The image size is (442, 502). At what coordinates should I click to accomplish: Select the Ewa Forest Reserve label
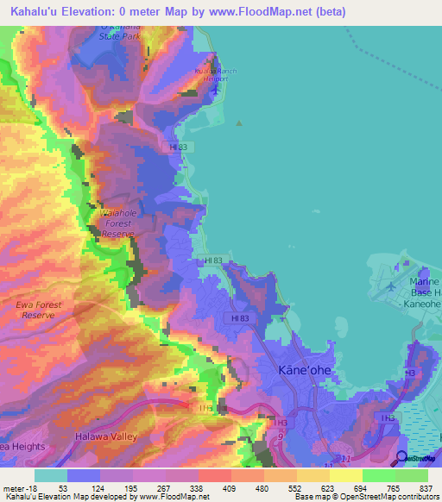(x=35, y=310)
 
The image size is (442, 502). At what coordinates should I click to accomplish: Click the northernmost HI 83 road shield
(x=178, y=147)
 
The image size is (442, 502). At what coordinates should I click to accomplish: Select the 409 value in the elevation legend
(x=230, y=487)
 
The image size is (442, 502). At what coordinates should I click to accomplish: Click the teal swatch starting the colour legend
(x=51, y=475)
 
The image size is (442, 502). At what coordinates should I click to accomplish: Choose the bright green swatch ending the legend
(x=411, y=475)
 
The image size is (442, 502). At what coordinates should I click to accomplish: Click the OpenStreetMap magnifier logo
(x=401, y=457)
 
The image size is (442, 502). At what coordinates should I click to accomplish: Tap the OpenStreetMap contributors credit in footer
(x=388, y=498)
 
